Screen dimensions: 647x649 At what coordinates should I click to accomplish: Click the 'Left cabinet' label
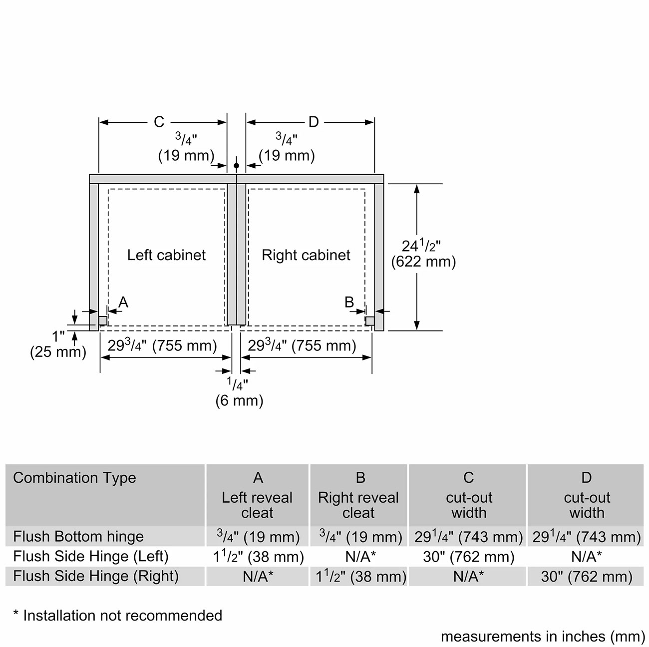point(166,255)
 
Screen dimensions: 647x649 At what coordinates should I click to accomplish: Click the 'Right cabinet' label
point(306,255)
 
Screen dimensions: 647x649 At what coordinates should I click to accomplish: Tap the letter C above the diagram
point(159,122)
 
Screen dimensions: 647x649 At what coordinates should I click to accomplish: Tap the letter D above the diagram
point(313,122)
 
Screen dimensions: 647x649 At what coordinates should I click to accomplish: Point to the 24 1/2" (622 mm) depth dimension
point(423,253)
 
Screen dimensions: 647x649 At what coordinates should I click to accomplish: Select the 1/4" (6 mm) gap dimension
point(239,392)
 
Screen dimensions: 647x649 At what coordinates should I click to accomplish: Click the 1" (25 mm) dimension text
point(58,344)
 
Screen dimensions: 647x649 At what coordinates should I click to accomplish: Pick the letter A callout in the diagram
point(123,302)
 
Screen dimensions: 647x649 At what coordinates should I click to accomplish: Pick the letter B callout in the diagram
point(349,302)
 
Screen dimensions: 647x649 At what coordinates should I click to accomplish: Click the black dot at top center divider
point(236,165)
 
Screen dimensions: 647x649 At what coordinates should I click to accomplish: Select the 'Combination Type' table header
point(74,478)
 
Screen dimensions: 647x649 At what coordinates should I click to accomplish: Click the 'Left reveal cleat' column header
point(257,505)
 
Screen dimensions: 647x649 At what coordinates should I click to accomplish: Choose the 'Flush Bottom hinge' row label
point(78,537)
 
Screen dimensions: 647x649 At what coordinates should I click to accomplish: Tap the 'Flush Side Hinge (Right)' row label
point(96,576)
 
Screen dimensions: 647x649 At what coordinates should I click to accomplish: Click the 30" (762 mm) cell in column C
point(468,557)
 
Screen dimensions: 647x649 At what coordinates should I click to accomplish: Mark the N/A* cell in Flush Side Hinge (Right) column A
point(258,577)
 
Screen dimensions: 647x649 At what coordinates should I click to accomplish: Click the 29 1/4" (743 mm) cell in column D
point(586,537)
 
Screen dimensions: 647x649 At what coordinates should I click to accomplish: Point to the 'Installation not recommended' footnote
point(118,616)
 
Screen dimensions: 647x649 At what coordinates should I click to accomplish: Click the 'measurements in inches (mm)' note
point(543,637)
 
